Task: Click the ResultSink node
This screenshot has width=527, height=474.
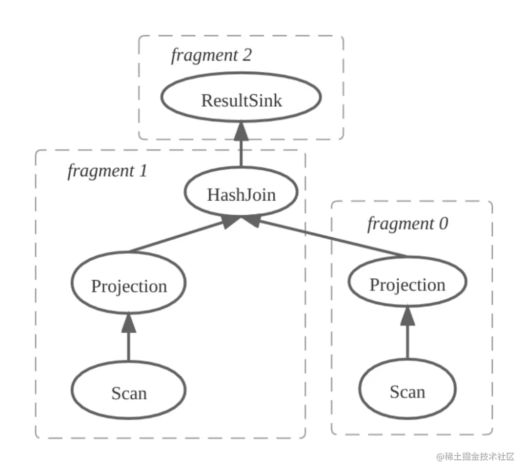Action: pos(241,100)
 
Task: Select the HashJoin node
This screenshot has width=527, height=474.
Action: pos(241,194)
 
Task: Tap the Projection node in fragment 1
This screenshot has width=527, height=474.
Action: pos(129,286)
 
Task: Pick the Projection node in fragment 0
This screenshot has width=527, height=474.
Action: pos(407,284)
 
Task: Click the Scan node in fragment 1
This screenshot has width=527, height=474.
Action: pos(129,392)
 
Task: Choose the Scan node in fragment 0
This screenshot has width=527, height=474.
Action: pos(407,391)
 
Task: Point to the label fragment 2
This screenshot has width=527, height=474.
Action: pos(211,55)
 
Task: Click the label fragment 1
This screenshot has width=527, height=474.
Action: pos(107,171)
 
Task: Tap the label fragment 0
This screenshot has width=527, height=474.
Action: pos(407,224)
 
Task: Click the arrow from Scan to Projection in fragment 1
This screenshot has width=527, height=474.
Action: pos(129,342)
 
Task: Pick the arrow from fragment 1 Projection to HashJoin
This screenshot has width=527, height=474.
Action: pos(181,236)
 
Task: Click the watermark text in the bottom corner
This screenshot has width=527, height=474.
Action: pos(476,456)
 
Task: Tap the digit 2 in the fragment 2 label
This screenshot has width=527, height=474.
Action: pos(246,55)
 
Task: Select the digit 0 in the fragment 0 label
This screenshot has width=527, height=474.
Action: pos(443,224)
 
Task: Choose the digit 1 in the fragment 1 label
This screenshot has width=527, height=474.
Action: pos(142,171)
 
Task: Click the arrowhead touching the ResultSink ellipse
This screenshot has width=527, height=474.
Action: pos(242,130)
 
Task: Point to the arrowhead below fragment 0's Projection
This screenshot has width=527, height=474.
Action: pos(407,318)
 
